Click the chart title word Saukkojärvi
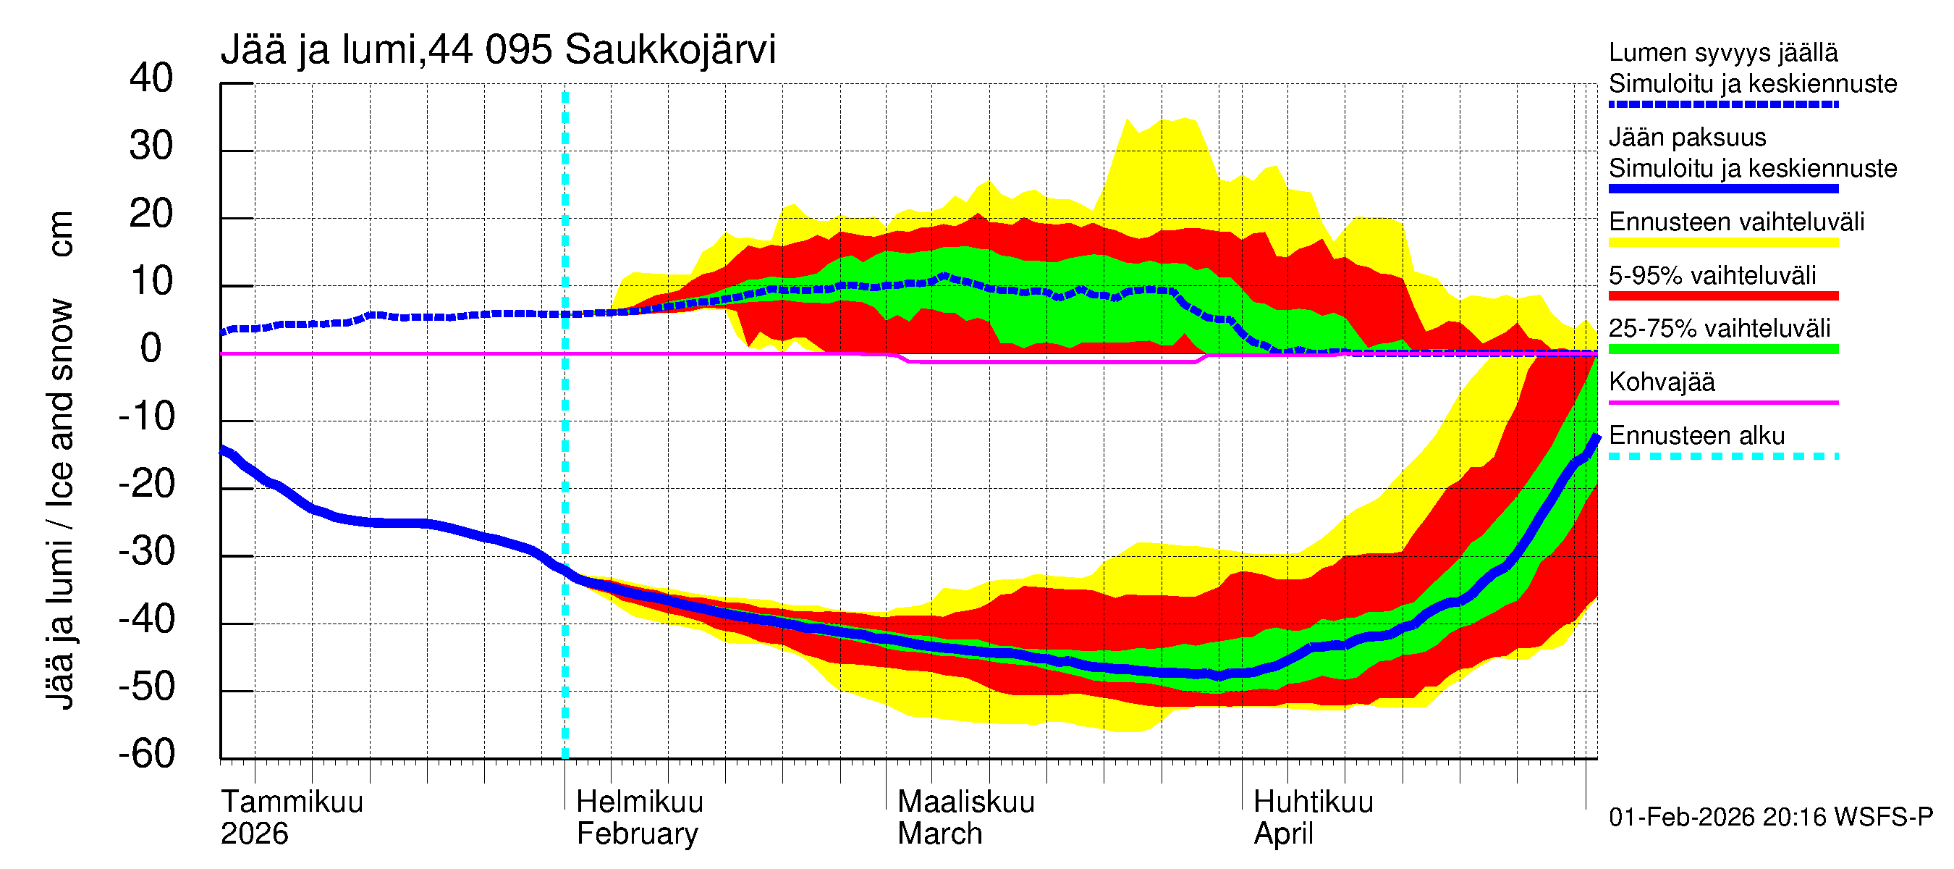point(670,51)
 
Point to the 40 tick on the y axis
point(151,79)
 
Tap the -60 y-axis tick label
point(146,755)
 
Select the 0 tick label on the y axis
point(151,349)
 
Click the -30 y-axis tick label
point(146,552)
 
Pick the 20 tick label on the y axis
point(151,214)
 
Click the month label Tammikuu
point(292,802)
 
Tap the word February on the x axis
point(637,834)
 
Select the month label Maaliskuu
point(965,802)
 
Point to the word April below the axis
point(1283,834)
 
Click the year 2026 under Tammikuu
point(254,834)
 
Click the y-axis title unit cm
point(61,235)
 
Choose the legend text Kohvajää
point(1661,382)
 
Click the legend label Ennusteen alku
point(1696,437)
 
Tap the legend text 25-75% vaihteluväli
point(1719,329)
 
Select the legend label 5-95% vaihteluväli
point(1712,275)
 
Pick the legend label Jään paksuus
point(1687,138)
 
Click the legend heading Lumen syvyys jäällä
point(1722,53)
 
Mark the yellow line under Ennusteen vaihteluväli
point(1722,243)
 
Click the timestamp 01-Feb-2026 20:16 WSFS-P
point(1770,818)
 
